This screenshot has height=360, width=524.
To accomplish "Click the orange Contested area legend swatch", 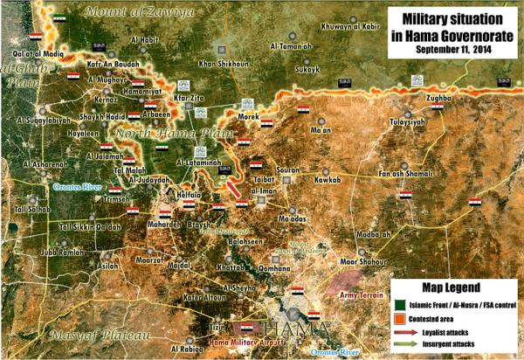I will [399, 316].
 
